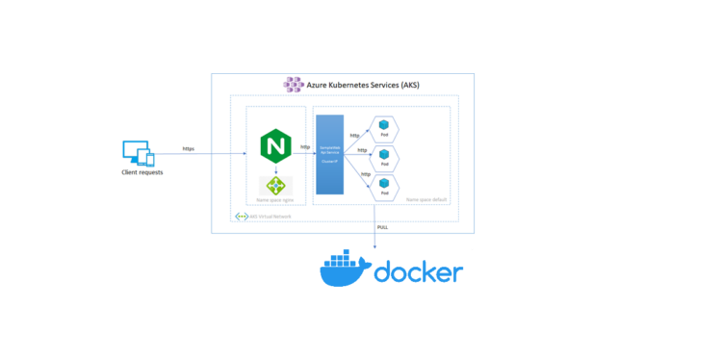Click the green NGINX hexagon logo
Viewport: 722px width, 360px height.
[275, 147]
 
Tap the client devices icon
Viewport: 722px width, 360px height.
[137, 153]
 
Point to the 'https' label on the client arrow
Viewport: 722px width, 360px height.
[190, 149]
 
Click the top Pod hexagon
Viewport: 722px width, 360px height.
[385, 127]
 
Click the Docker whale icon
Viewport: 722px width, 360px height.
[343, 269]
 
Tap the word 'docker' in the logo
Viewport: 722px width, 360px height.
[417, 272]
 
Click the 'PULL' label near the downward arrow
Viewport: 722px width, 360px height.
[382, 226]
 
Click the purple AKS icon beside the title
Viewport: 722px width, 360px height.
[293, 85]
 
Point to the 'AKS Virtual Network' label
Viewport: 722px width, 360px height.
[271, 217]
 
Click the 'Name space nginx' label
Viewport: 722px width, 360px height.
[274, 200]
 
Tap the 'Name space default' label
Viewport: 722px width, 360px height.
[425, 199]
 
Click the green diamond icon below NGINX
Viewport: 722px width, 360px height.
[275, 184]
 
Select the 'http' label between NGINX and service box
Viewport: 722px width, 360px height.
[305, 147]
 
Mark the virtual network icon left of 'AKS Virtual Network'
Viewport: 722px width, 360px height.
[242, 217]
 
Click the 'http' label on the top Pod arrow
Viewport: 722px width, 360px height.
[354, 135]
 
